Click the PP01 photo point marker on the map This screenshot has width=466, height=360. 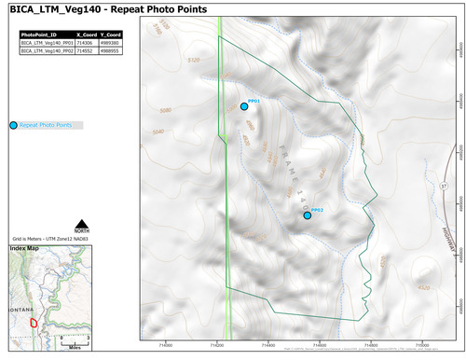tap(244, 107)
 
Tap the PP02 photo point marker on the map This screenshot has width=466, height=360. tap(308, 215)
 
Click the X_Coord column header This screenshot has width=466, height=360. tap(84, 35)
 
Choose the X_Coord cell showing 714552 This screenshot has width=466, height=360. tap(84, 50)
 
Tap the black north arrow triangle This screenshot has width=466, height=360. tap(81, 221)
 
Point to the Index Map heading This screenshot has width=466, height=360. tap(25, 249)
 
